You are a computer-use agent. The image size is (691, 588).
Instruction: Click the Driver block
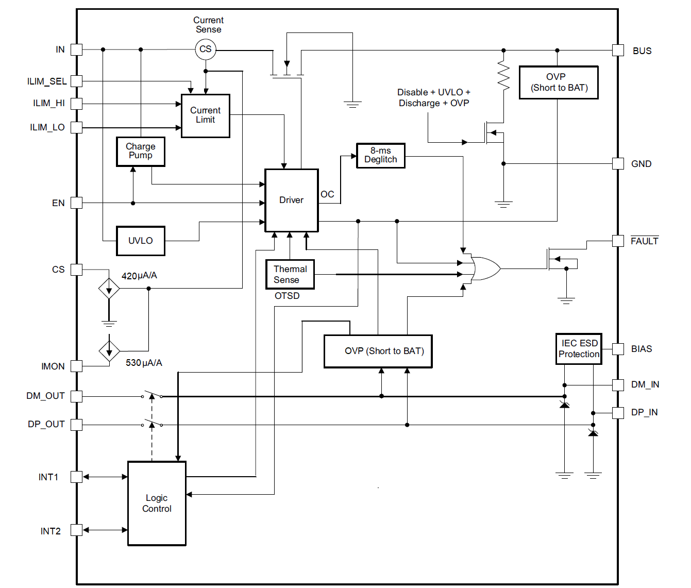(291, 200)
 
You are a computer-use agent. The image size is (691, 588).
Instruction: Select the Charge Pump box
(140, 152)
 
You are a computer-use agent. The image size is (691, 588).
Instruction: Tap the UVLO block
(140, 241)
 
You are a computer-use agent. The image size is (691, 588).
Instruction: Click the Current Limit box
(205, 115)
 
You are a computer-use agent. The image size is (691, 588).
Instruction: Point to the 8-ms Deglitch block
(380, 155)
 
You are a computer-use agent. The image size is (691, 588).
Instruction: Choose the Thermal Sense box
(290, 274)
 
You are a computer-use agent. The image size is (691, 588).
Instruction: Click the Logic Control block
(157, 503)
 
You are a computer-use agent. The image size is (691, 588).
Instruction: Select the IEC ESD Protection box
(579, 349)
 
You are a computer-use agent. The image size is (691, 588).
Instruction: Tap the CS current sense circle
(205, 49)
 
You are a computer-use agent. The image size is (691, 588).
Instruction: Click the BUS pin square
(618, 50)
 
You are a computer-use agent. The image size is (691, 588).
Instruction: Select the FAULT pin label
(644, 241)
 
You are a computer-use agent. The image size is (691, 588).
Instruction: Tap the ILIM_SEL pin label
(47, 81)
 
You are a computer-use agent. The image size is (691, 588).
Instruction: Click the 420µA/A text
(139, 276)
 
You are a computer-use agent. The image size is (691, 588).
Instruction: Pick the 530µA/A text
(144, 363)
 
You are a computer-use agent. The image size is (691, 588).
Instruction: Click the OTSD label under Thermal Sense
(287, 296)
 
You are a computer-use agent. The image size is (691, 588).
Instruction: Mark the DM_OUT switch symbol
(152, 395)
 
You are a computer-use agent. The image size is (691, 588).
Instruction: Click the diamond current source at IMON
(109, 351)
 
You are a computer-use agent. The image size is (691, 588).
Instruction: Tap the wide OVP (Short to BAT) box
(378, 351)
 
